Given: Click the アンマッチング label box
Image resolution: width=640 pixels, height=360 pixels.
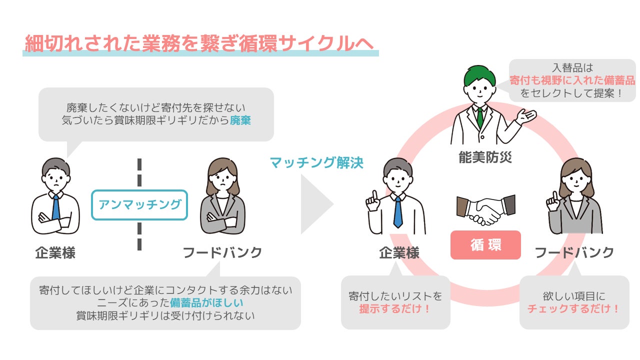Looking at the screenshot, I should [139, 204].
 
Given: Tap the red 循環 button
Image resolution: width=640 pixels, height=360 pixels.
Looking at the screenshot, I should [485, 245].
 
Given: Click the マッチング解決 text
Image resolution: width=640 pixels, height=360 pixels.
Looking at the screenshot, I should [316, 162].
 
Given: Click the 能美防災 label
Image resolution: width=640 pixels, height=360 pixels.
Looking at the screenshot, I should [485, 157].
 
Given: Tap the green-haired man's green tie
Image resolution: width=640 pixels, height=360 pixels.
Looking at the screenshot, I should [479, 117].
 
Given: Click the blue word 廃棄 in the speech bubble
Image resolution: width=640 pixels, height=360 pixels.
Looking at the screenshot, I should [240, 120].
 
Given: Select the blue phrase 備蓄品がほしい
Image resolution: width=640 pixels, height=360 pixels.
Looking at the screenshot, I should [206, 302].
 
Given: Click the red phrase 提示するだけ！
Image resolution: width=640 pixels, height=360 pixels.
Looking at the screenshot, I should [395, 308].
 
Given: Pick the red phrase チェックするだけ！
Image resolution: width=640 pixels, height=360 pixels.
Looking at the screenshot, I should [573, 308].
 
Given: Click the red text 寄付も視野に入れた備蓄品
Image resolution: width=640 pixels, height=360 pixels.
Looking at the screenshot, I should [572, 80].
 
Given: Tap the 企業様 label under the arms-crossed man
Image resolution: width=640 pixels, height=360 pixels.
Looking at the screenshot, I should [55, 253].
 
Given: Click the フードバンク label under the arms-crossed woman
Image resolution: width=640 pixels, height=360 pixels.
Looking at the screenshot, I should [222, 253].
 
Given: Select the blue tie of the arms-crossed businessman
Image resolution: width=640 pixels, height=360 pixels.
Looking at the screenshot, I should [56, 207].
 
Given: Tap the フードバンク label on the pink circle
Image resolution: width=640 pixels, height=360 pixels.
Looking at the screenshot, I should [574, 253].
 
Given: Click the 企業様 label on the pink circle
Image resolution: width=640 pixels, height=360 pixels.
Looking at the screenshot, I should [399, 253].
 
